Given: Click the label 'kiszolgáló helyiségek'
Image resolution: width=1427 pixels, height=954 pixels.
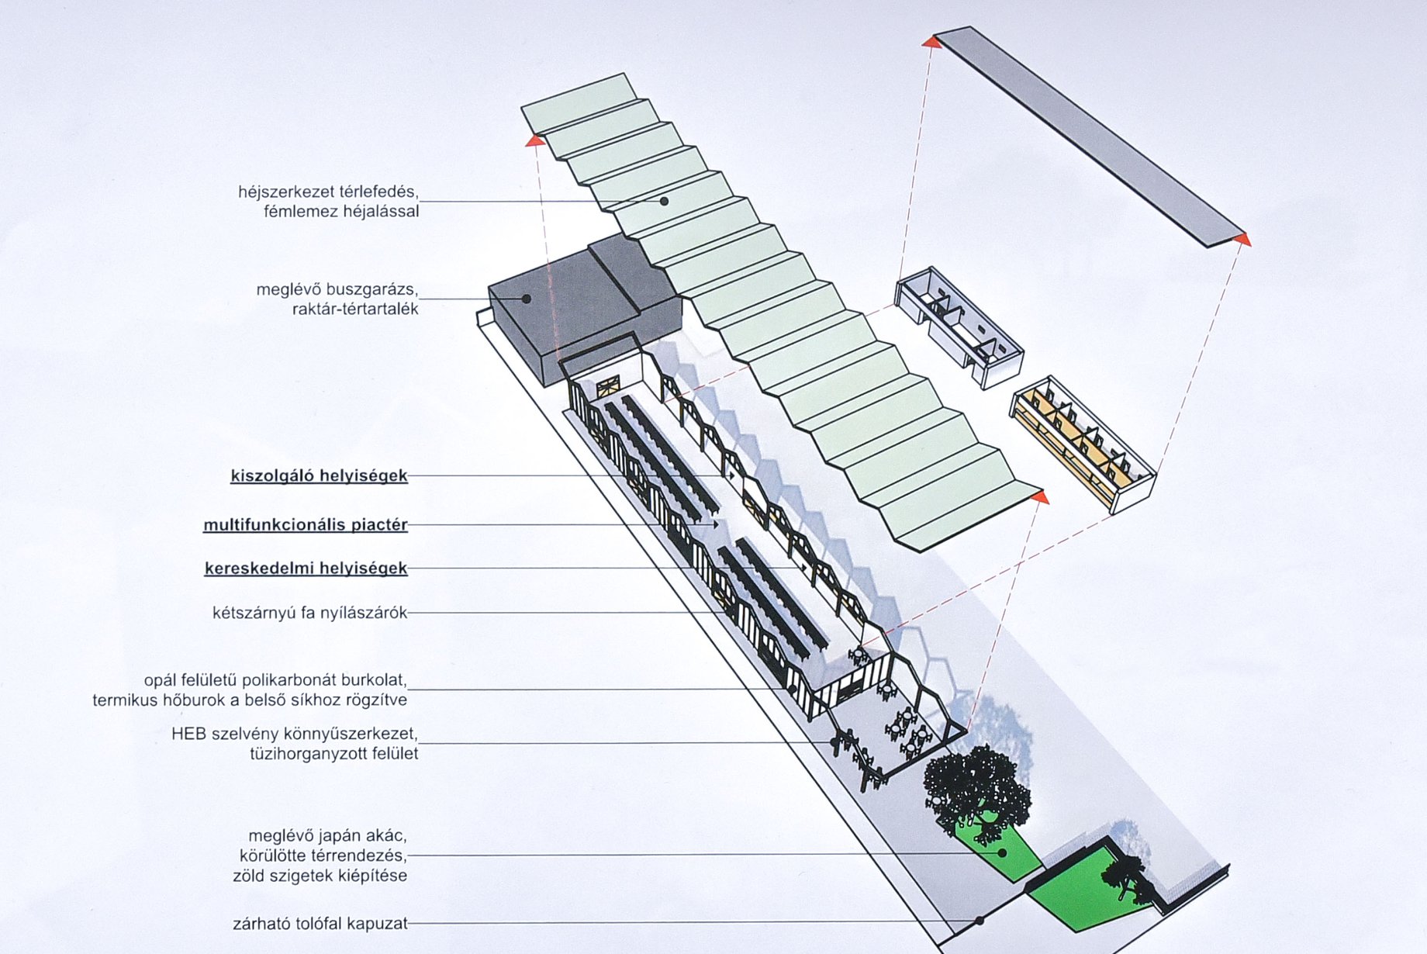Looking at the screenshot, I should pyautogui.click(x=319, y=475).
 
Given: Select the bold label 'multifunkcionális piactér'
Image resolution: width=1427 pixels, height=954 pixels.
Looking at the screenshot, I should pyautogui.click(x=305, y=525).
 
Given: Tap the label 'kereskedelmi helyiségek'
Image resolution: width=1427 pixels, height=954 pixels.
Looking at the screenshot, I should pyautogui.click(x=306, y=569).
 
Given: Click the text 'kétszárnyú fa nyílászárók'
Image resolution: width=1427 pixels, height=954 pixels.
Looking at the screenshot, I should pyautogui.click(x=309, y=613).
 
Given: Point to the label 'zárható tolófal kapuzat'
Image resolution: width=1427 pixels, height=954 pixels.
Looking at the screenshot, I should pyautogui.click(x=320, y=924).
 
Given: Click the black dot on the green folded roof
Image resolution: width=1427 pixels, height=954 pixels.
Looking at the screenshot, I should pyautogui.click(x=665, y=201).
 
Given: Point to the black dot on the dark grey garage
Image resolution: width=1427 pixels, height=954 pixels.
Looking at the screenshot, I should pyautogui.click(x=527, y=299).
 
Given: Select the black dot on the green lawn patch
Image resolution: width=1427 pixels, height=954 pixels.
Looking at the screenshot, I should pyautogui.click(x=1002, y=852).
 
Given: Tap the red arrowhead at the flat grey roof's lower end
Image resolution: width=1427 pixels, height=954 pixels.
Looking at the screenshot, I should pyautogui.click(x=1243, y=240).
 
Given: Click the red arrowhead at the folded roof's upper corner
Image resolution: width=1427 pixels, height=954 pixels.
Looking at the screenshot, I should pyautogui.click(x=534, y=140).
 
